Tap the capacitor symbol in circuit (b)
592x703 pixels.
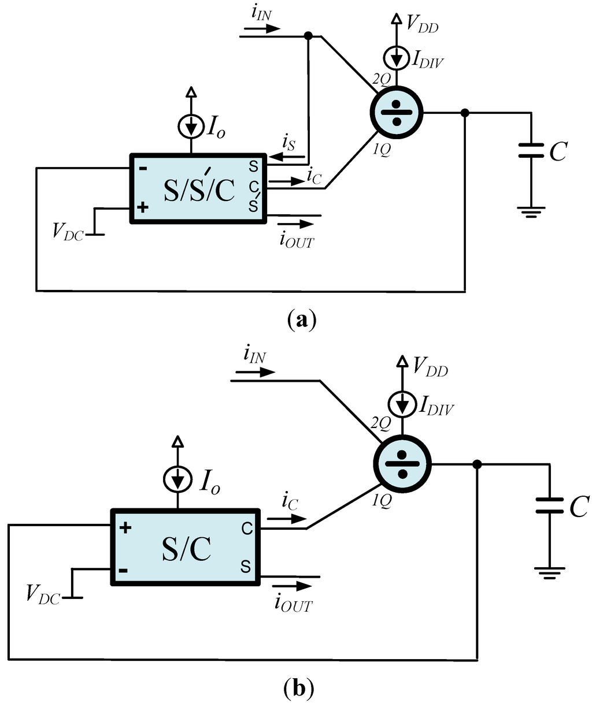(x=549, y=506)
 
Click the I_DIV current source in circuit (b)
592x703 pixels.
(x=403, y=406)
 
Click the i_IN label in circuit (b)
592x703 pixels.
(x=254, y=356)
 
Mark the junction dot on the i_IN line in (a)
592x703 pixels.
(x=308, y=36)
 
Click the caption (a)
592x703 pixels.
(x=301, y=319)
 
